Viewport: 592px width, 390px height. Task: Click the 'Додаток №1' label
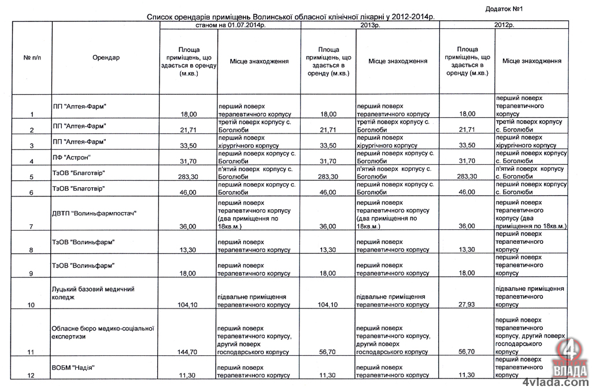(504, 9)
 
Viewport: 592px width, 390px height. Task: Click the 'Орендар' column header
(106, 58)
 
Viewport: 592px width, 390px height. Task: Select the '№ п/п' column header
(32, 58)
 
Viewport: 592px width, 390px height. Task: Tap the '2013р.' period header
(369, 26)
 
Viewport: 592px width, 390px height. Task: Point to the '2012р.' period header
(504, 26)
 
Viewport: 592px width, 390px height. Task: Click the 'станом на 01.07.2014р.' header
(230, 26)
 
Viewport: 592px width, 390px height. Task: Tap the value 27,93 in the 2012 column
(467, 304)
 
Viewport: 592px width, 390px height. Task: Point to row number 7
(31, 226)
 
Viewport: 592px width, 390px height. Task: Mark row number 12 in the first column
(31, 376)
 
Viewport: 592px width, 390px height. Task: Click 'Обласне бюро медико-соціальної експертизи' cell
(103, 332)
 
